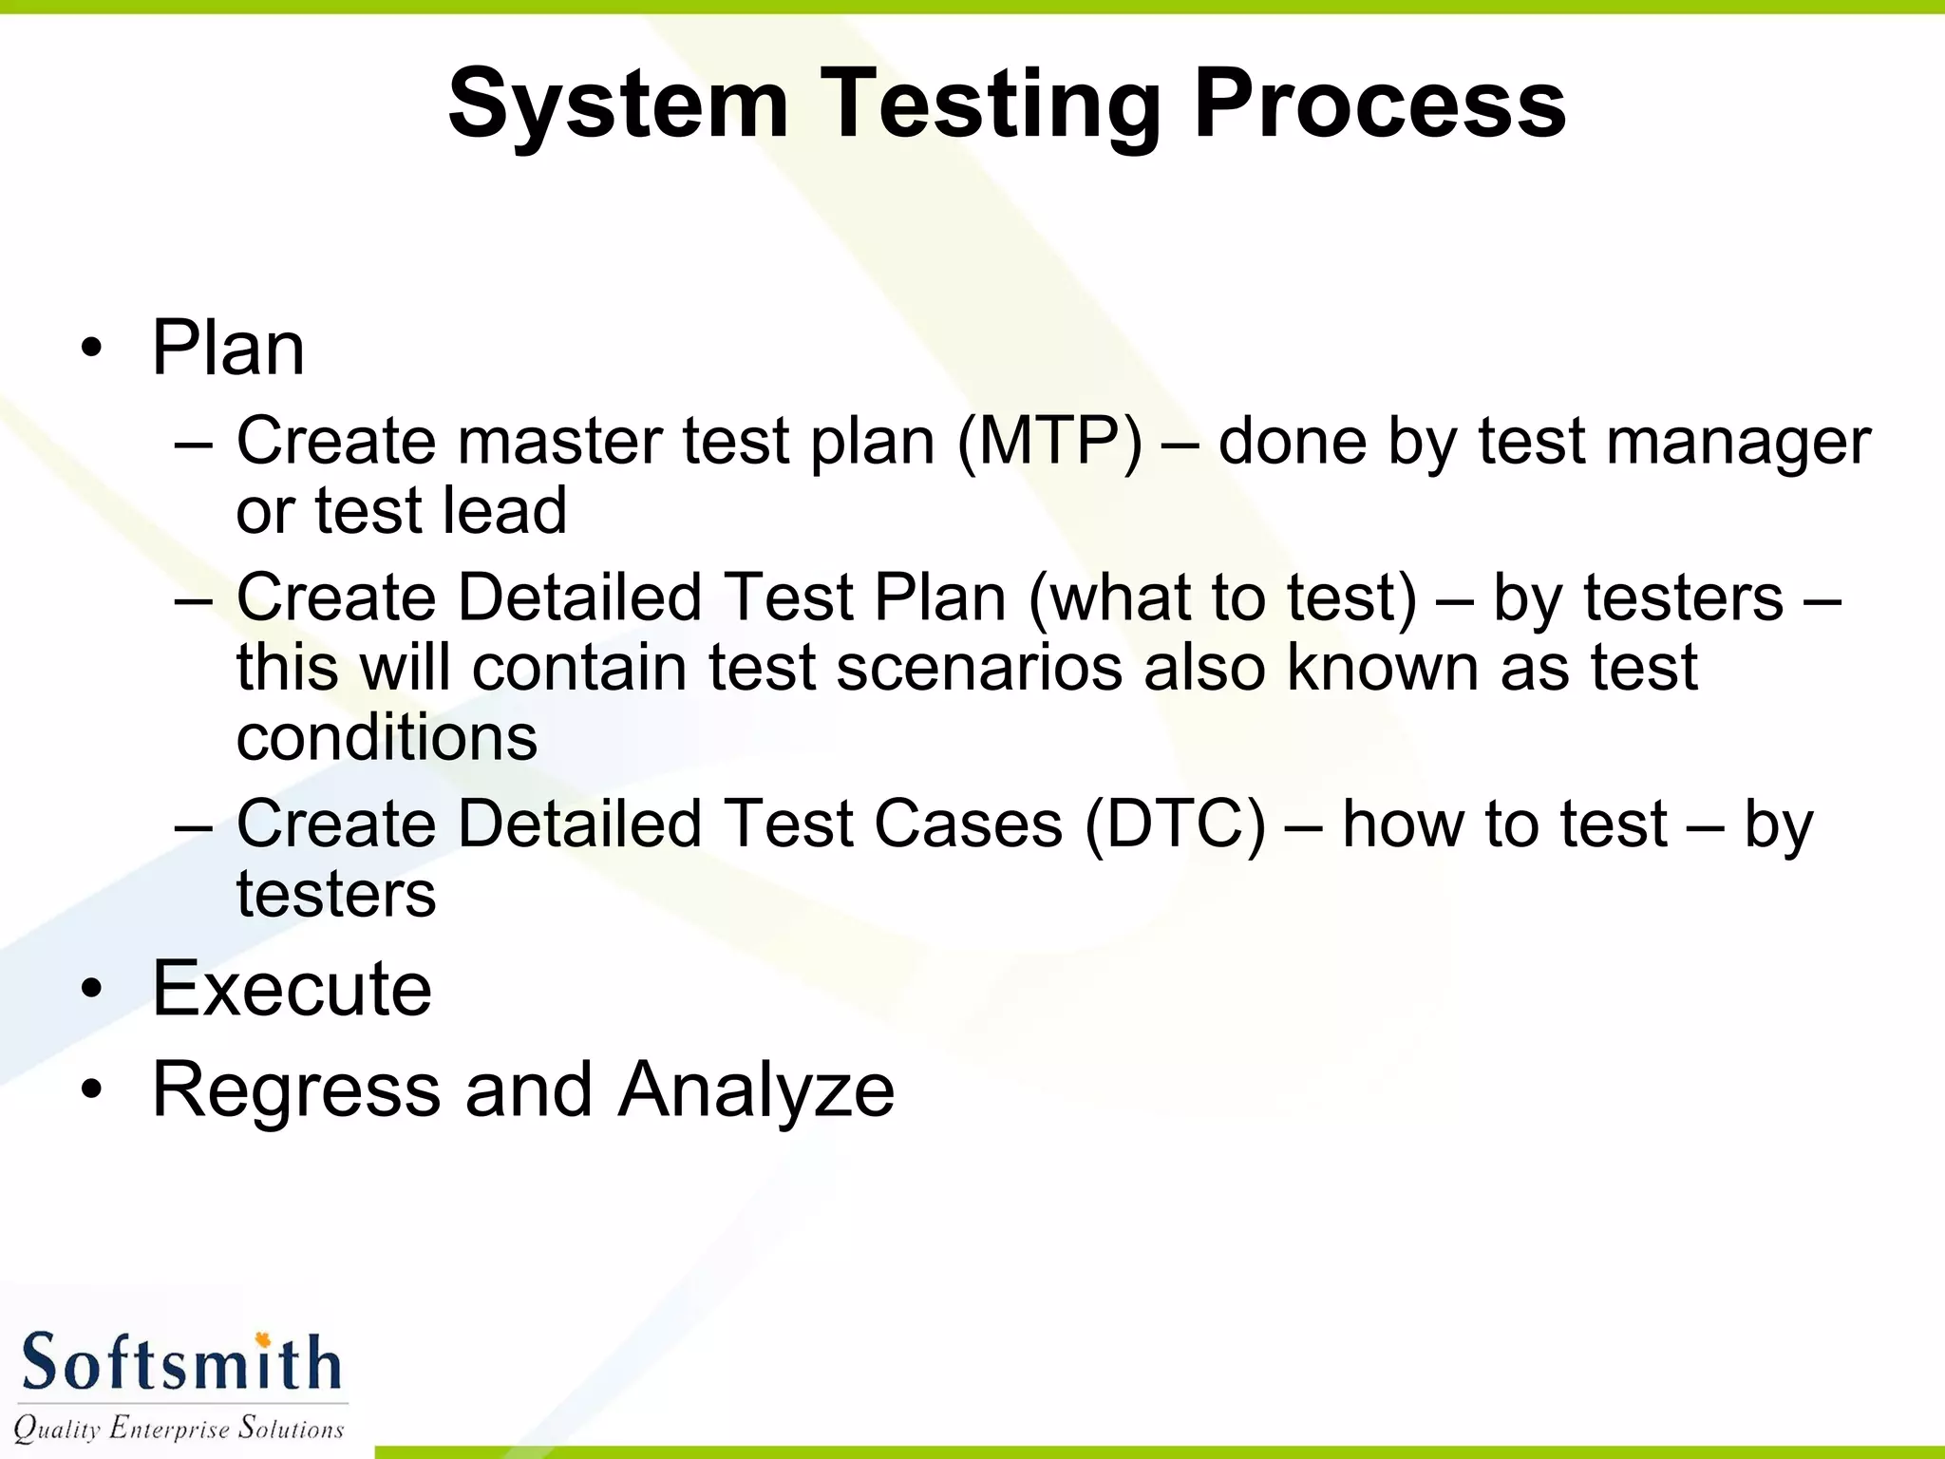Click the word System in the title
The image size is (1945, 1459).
coord(617,104)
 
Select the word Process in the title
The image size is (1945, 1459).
coord(1379,104)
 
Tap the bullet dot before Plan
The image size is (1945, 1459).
coord(91,350)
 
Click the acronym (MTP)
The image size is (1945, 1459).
coord(1050,441)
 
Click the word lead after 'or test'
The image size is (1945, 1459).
coord(504,511)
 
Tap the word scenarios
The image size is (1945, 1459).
coord(979,667)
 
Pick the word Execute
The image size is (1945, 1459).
coord(292,989)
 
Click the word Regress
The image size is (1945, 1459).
coord(296,1090)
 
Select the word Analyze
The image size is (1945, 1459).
coord(756,1090)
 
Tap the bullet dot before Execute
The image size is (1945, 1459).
coord(91,990)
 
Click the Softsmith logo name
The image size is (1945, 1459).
coord(180,1363)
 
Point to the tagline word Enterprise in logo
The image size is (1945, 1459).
coord(169,1428)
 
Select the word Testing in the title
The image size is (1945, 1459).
coord(991,104)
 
